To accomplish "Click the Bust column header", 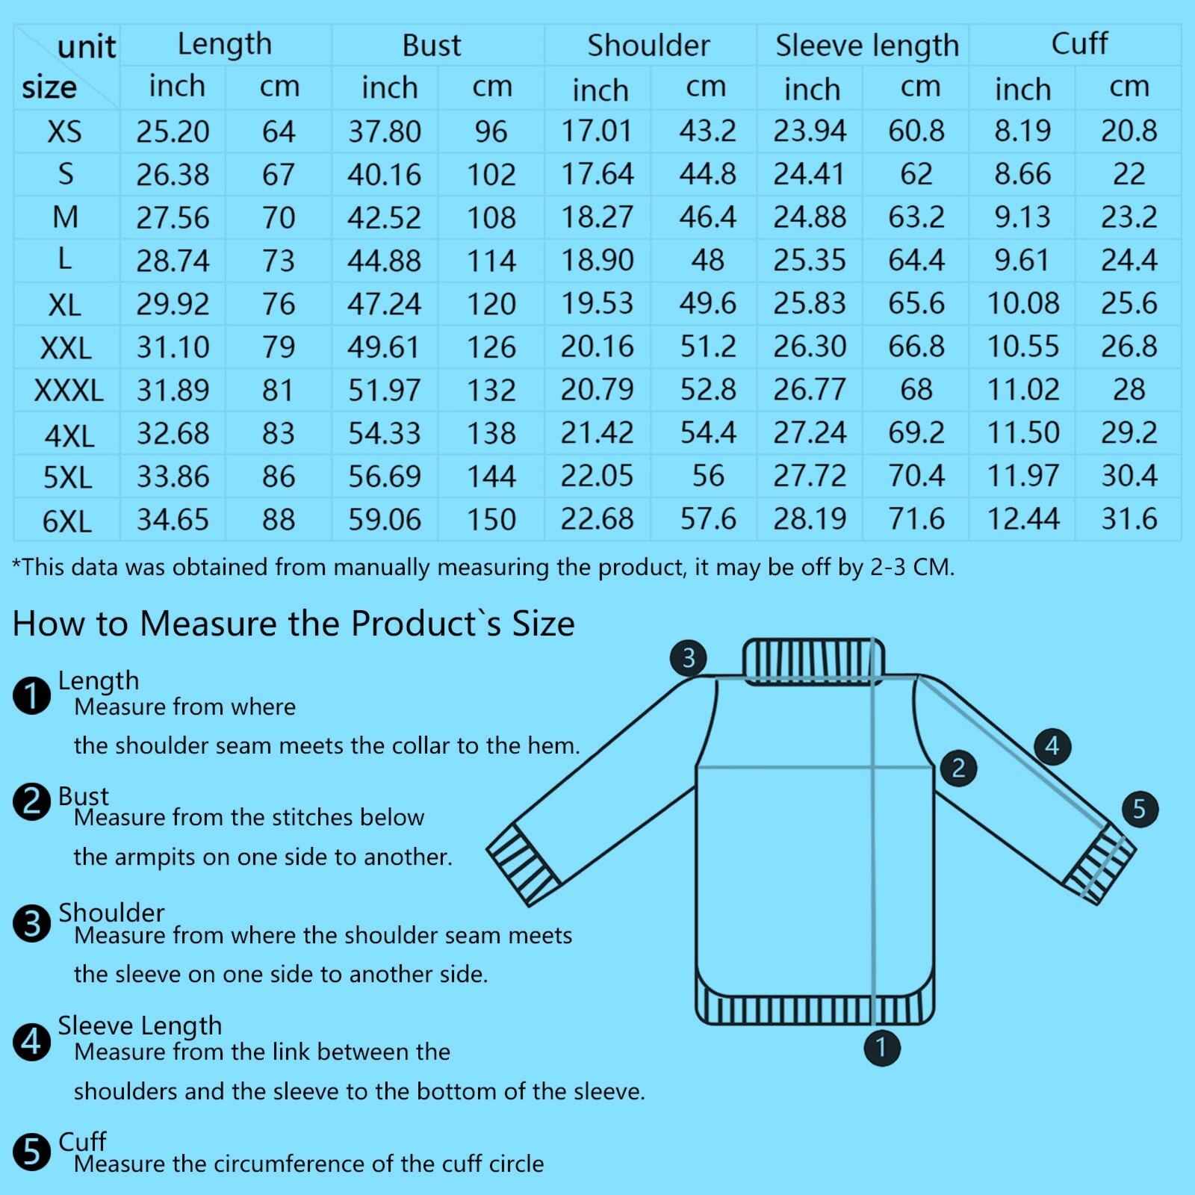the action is tap(432, 46).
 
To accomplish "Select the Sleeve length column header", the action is tap(867, 46).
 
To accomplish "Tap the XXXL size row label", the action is tap(69, 391).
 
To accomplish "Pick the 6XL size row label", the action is tap(67, 521).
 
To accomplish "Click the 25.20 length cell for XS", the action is tap(173, 131).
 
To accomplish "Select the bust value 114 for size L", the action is tap(491, 261).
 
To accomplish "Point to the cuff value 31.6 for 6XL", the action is tap(1129, 519).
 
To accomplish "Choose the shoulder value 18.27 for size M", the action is tap(597, 217).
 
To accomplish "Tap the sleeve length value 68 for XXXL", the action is tap(916, 389).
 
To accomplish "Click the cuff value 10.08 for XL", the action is tap(1023, 303).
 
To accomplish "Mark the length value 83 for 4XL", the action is tap(279, 433).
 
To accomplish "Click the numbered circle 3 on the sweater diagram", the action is tap(689, 657).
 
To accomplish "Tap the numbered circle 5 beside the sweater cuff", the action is tap(1140, 809).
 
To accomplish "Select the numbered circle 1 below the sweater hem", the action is tap(882, 1047).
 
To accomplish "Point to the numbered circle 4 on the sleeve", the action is tap(1052, 745).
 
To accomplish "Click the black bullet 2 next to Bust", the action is tap(32, 801).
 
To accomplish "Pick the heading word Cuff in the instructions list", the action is tap(82, 1141).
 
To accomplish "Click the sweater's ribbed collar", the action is tap(813, 661).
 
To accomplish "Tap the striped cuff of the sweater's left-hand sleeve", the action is tap(524, 865).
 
